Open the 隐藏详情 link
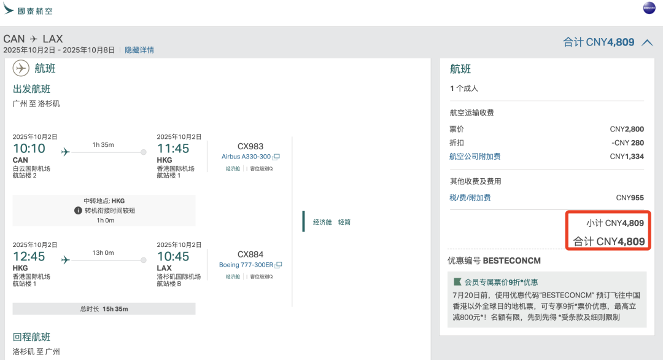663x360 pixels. pyautogui.click(x=139, y=50)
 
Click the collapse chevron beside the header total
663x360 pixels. pyautogui.click(x=647, y=42)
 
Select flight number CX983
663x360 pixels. pyautogui.click(x=250, y=146)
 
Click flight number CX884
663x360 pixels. pyautogui.click(x=250, y=254)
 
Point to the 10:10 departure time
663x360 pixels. pyautogui.click(x=29, y=148)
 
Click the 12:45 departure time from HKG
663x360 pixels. pyautogui.click(x=29, y=256)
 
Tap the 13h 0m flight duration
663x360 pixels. pyautogui.click(x=103, y=252)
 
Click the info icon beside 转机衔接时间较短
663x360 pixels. pyautogui.click(x=78, y=211)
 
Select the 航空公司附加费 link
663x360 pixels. pyautogui.click(x=475, y=157)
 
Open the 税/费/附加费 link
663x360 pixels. pyautogui.click(x=470, y=198)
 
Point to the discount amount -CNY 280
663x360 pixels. pyautogui.click(x=627, y=143)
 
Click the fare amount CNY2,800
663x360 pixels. pyautogui.click(x=627, y=129)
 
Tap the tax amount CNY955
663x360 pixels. pyautogui.click(x=630, y=198)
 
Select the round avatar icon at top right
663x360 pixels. pyautogui.click(x=649, y=9)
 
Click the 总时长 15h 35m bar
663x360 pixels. pyautogui.click(x=104, y=308)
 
